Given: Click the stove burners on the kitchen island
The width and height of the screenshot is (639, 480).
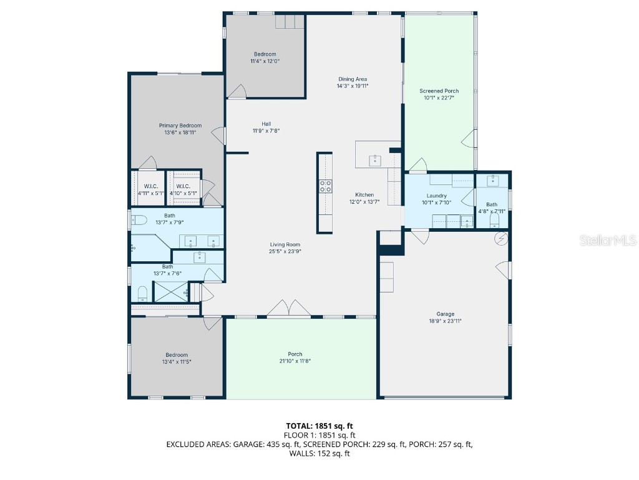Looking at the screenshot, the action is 325,186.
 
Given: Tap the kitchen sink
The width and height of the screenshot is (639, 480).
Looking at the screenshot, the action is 375,161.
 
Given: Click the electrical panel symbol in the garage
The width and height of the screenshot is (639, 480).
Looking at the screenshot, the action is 501,239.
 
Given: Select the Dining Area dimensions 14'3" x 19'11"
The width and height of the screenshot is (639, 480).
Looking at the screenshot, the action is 353,86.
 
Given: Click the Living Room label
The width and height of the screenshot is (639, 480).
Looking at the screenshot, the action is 285,245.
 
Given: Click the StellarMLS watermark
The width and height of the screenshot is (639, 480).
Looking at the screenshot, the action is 608,240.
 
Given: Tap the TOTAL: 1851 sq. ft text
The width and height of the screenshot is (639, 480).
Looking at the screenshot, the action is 319,426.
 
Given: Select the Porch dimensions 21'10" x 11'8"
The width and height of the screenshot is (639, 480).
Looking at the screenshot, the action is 295,361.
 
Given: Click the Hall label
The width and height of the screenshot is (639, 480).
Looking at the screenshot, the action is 266,124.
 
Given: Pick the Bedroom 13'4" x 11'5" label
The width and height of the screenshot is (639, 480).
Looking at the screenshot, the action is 177,358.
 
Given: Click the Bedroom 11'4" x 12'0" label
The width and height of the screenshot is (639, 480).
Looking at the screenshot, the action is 265,57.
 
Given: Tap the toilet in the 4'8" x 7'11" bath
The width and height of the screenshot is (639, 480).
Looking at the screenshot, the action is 494,221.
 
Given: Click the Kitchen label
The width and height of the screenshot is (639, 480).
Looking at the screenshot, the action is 364,195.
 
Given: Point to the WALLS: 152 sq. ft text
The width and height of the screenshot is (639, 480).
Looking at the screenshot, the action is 319,454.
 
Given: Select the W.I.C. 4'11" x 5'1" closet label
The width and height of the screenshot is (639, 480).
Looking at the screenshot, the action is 151,190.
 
